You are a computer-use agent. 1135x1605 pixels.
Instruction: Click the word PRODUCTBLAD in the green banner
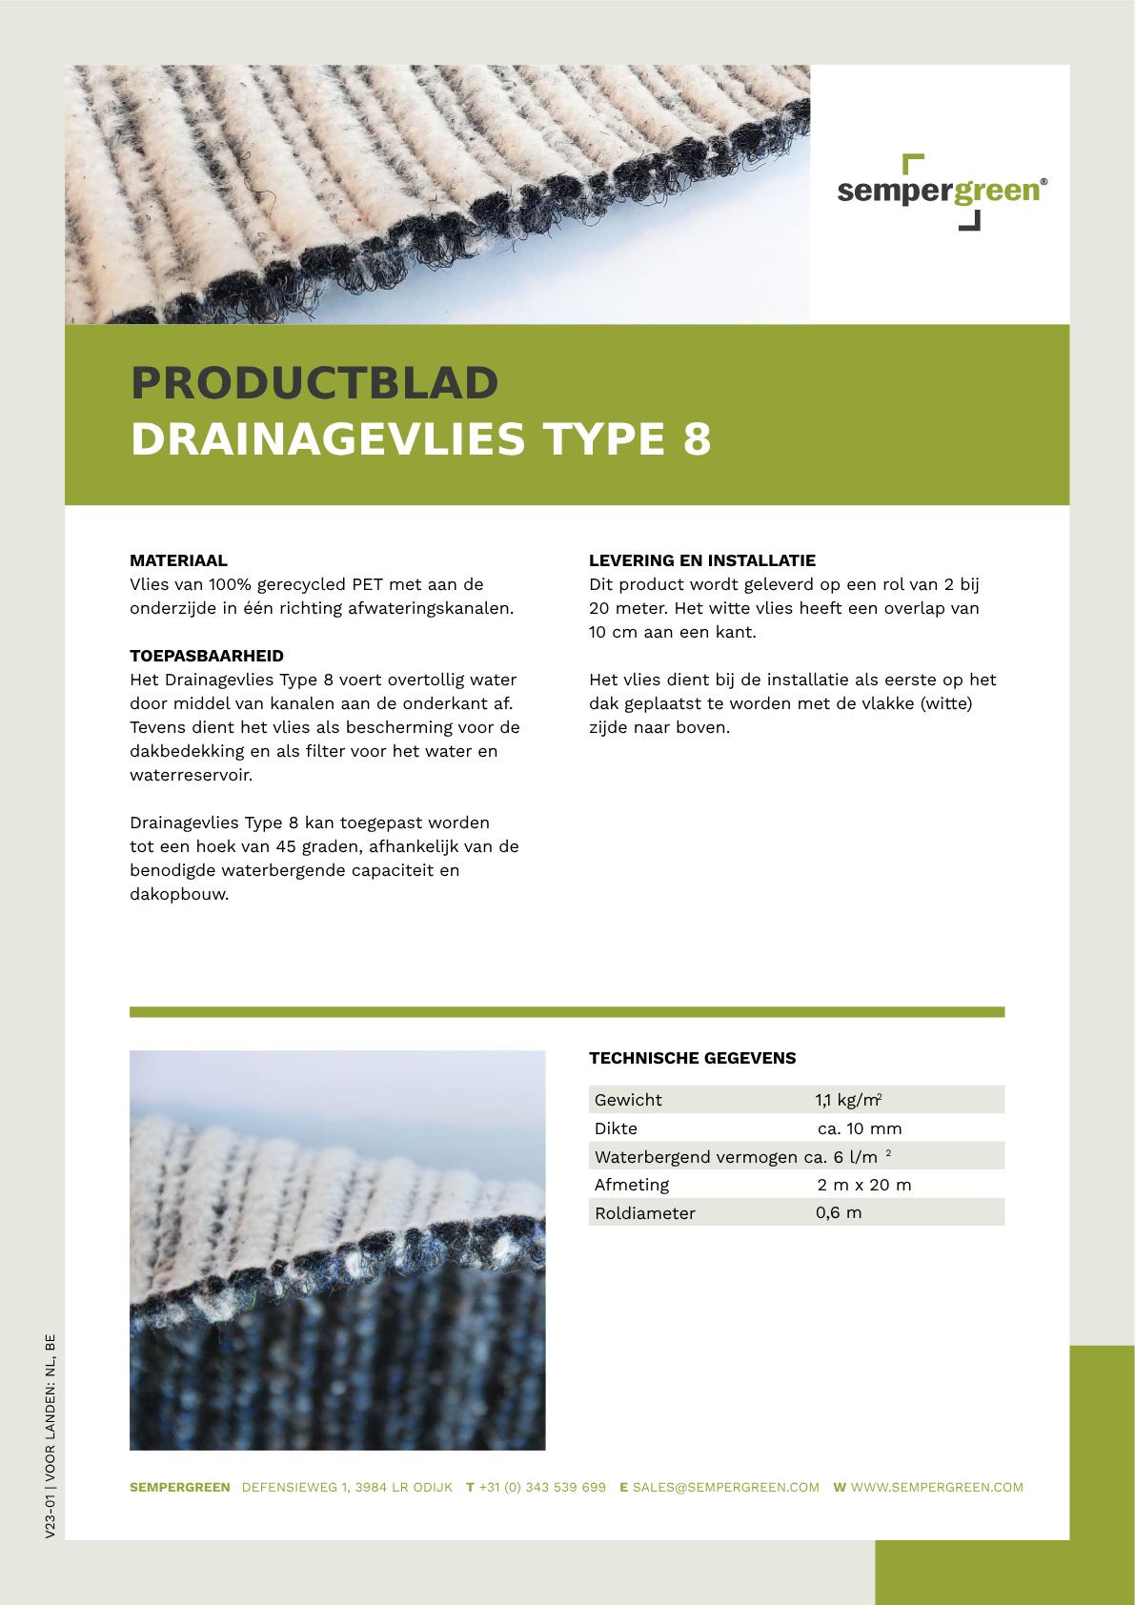coord(314,383)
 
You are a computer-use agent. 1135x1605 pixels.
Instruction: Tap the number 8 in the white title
coord(698,439)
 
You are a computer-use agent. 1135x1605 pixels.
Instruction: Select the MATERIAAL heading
coord(178,560)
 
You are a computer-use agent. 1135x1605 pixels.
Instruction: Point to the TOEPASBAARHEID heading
coord(207,656)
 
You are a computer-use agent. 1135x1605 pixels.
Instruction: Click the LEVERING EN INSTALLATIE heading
coord(702,560)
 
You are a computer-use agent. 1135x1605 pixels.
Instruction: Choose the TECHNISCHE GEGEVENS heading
coord(692,1058)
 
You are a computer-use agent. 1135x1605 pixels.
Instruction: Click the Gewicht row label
coord(628,1100)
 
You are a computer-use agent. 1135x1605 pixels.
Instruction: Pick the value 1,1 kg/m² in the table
coord(847,1100)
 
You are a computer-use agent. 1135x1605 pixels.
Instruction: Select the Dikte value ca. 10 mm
coord(860,1128)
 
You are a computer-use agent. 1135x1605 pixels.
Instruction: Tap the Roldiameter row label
coord(644,1213)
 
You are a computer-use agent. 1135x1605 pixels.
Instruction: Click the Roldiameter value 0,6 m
coord(839,1213)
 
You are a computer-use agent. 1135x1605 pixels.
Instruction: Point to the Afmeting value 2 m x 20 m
coord(863,1185)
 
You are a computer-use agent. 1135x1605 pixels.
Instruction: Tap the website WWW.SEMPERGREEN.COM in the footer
coord(937,1487)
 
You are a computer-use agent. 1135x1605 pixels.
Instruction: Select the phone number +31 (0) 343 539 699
coord(542,1487)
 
